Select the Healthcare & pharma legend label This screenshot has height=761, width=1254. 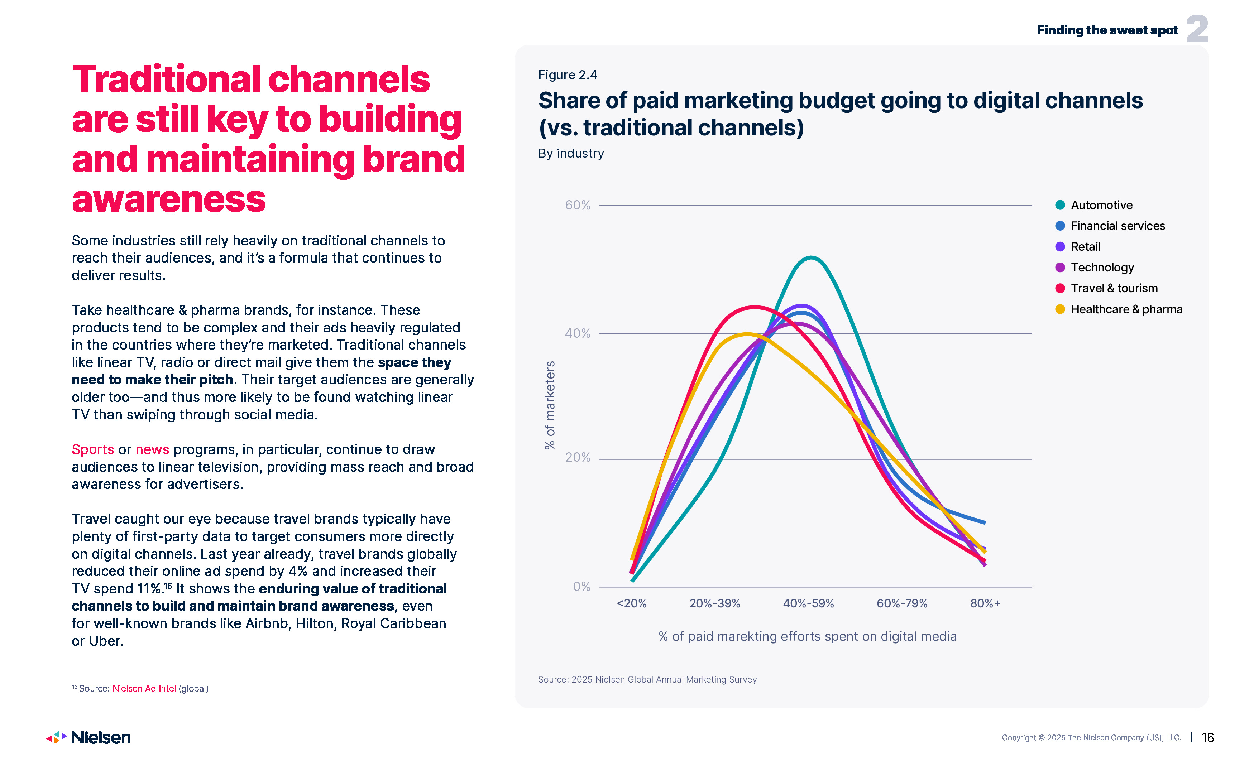click(x=1126, y=309)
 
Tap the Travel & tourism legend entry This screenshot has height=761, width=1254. click(x=1114, y=288)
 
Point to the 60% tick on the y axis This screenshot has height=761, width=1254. click(x=578, y=205)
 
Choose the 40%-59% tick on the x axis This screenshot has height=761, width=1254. click(x=808, y=603)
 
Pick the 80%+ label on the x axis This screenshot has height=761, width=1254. click(x=985, y=603)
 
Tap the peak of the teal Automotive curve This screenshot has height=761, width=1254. click(x=810, y=257)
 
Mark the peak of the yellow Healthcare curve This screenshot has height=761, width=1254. click(x=747, y=334)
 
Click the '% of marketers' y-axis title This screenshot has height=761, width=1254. click(x=550, y=405)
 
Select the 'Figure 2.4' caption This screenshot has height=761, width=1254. click(x=568, y=75)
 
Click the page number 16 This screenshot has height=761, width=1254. click(x=1207, y=738)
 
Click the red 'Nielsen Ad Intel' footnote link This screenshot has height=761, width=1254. click(x=144, y=688)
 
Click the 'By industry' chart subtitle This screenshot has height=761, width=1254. click(x=571, y=153)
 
